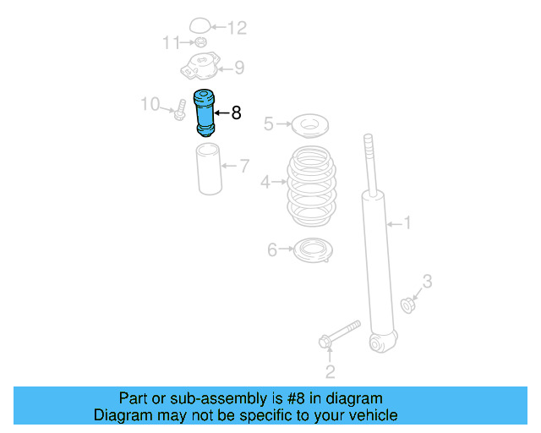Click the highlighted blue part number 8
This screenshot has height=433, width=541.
point(205,112)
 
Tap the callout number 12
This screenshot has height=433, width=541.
point(237,29)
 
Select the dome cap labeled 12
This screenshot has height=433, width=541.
point(199,26)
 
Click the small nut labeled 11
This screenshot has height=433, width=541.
point(200,43)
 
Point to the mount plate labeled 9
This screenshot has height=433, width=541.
point(201,66)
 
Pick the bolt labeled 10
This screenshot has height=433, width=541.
point(180,110)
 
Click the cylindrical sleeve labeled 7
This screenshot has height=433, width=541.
point(209,169)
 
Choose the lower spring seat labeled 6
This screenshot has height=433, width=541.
point(312,250)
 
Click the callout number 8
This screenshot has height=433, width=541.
point(236,112)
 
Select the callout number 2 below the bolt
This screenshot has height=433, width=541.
point(331,370)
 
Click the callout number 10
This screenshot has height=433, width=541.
point(150,104)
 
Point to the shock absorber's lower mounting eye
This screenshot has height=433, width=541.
point(381,343)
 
